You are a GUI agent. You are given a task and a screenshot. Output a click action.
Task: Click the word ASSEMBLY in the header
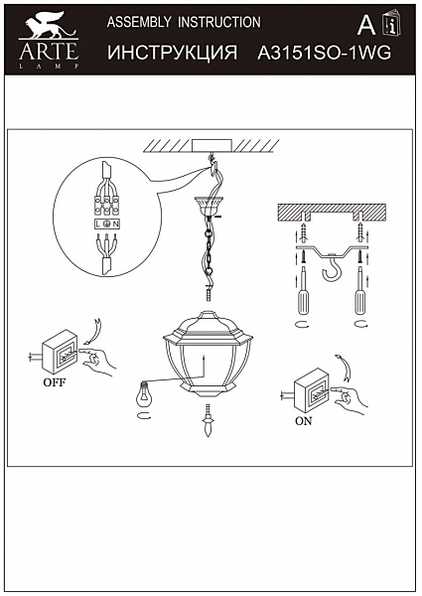coord(139,22)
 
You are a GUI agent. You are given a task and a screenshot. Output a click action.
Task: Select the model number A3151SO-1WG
coord(324,53)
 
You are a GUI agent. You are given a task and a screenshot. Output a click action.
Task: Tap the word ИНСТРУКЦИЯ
coord(172,53)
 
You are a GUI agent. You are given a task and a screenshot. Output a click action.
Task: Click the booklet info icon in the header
coord(391,23)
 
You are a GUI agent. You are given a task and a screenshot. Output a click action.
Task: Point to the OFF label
coord(55,382)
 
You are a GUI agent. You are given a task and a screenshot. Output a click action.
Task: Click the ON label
coord(304,421)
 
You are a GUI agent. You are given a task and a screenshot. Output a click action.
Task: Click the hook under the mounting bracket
coord(331,267)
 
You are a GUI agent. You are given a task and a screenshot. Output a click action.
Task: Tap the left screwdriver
coord(303,291)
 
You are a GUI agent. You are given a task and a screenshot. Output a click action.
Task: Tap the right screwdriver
coord(359,291)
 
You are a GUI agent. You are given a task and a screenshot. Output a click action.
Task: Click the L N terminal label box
coord(106,224)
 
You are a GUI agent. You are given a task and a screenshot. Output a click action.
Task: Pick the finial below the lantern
coord(208,420)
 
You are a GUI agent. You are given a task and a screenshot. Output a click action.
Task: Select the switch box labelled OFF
coord(60,352)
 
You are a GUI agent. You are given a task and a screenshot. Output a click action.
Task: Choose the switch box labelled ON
coord(313,390)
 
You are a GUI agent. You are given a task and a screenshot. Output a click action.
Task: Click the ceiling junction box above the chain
coord(211,146)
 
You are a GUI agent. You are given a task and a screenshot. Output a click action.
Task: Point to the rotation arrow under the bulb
coord(144,415)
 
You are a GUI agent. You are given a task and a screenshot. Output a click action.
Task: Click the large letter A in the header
coord(366,26)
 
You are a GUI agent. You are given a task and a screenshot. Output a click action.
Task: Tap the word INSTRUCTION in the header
coord(219,22)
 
